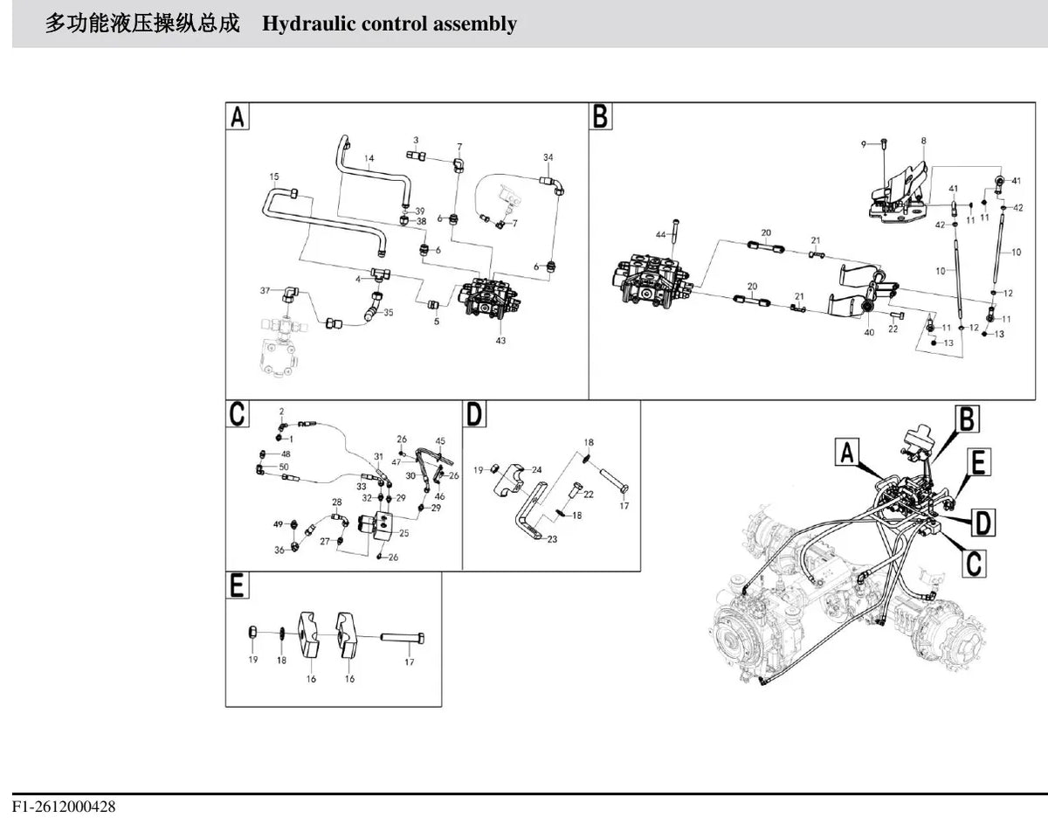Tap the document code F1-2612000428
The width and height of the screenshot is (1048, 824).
click(x=64, y=807)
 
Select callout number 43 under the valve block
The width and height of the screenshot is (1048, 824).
click(x=500, y=341)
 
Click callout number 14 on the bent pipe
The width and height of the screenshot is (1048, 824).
click(x=369, y=158)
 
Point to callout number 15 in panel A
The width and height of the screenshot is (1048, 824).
click(x=274, y=177)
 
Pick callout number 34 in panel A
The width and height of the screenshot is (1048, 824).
click(x=548, y=157)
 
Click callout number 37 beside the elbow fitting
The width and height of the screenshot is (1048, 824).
click(x=265, y=290)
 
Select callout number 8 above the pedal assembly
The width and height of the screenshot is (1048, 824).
click(x=923, y=141)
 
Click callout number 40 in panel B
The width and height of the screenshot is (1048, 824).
click(x=869, y=332)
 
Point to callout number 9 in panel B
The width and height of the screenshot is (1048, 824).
click(x=864, y=144)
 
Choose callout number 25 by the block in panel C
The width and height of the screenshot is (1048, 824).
click(x=403, y=533)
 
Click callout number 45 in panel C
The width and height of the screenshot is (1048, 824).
click(x=440, y=441)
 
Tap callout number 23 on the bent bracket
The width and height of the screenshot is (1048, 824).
click(x=552, y=539)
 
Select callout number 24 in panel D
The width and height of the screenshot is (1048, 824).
click(x=537, y=469)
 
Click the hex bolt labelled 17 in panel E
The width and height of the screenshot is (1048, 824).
click(x=403, y=637)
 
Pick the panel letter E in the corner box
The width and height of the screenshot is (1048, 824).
click(x=237, y=585)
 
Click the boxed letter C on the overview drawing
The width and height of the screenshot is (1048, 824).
click(x=974, y=563)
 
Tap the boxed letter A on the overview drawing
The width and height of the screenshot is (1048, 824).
click(x=847, y=453)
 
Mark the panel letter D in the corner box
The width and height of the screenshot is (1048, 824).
click(x=474, y=414)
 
